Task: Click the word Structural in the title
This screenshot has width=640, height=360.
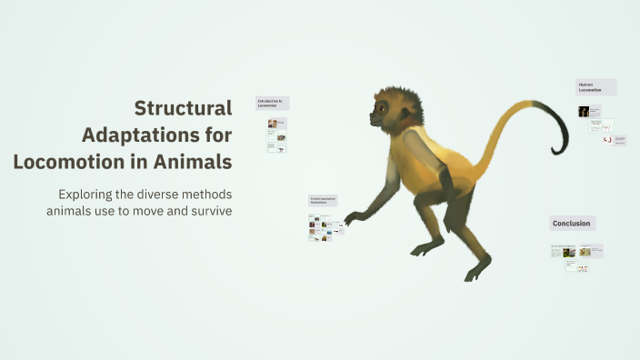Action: (x=183, y=108)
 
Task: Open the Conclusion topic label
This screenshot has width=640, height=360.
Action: (x=572, y=224)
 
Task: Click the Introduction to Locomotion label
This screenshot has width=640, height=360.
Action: (x=272, y=104)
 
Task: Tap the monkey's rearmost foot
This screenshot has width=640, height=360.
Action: (x=478, y=269)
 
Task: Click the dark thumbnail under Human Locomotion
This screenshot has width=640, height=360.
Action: (x=584, y=112)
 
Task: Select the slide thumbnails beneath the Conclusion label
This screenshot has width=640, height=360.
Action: (x=576, y=255)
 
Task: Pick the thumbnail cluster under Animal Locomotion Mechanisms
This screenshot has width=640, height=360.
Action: (x=325, y=226)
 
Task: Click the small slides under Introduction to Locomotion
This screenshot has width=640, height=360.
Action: (x=276, y=134)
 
